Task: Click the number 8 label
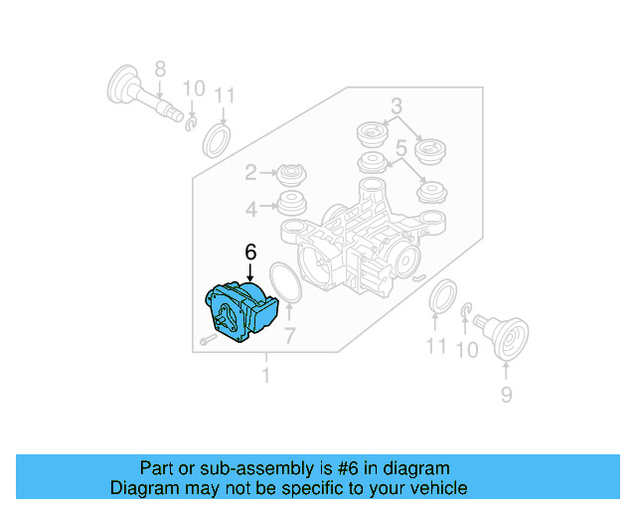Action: pos(160,70)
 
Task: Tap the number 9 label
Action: pos(506,395)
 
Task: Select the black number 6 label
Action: pos(250,254)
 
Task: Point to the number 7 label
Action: pos(289,335)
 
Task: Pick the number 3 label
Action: pos(396,106)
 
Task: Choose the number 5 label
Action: pos(402,148)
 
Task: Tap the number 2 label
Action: pos(251,173)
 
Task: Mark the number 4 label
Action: pos(251,208)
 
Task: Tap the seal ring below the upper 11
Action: pos(217,140)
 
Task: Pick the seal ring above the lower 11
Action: pos(440,297)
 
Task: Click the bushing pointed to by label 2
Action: pos(292,175)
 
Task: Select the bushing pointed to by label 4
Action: pos(292,208)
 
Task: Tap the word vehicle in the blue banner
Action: pos(434,488)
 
